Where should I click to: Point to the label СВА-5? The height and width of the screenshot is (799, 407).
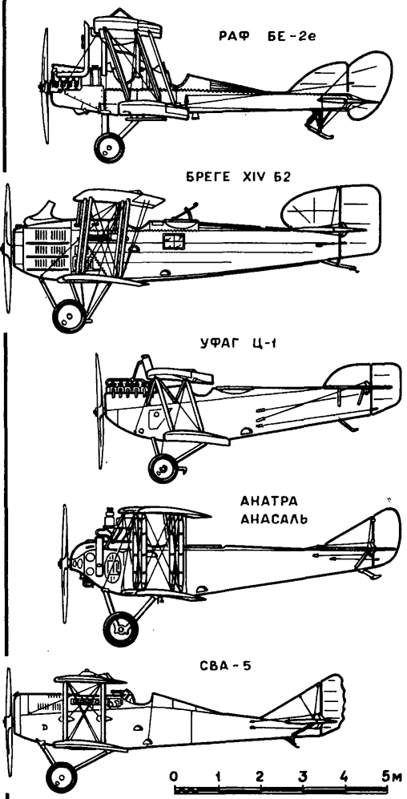click(226, 665)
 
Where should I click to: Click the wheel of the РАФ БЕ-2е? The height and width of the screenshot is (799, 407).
click(109, 147)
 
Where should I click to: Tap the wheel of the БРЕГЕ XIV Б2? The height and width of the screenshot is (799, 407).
click(69, 316)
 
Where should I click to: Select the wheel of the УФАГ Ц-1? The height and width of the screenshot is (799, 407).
click(163, 468)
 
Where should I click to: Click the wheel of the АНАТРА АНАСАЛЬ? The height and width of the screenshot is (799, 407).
click(121, 629)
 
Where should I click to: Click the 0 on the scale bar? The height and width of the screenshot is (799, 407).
click(175, 776)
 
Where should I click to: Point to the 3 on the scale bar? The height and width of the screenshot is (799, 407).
click(303, 776)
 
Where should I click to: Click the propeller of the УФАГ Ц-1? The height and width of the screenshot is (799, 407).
click(99, 410)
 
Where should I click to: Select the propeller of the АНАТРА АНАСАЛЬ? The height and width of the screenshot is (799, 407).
click(64, 563)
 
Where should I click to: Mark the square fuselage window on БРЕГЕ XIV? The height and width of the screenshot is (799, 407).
click(171, 241)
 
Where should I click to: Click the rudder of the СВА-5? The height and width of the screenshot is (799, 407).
click(331, 703)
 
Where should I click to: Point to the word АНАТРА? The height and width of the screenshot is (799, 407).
click(269, 502)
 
